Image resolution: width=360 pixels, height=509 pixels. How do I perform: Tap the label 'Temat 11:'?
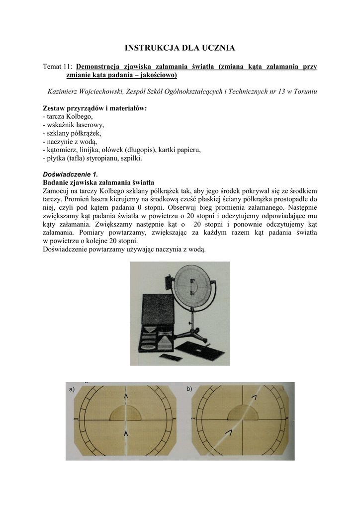(x=58, y=67)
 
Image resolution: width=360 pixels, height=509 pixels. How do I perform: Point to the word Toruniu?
(x=303, y=91)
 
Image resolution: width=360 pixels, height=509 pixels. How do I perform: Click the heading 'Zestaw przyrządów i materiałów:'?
(x=95, y=108)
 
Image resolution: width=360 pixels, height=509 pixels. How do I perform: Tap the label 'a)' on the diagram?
(x=72, y=389)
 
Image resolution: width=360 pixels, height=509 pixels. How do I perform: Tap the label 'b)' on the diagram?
(x=189, y=389)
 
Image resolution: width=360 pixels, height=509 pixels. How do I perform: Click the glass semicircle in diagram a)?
(x=125, y=414)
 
